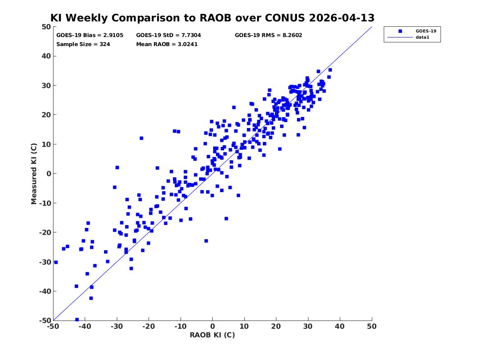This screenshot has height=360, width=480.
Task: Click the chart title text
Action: tap(212, 18)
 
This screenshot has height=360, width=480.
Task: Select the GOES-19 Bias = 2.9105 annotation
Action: tap(90, 35)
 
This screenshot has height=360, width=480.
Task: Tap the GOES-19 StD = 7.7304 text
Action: tap(168, 35)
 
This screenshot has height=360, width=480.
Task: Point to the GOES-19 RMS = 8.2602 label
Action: tap(269, 35)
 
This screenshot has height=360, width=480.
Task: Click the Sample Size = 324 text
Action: tap(83, 44)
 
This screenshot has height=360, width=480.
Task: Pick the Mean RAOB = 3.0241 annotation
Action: tap(167, 44)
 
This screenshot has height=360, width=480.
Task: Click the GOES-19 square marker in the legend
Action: tap(400, 31)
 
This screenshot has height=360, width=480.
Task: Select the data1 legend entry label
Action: tap(422, 37)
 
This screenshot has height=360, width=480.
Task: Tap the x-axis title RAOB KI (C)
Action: tap(212, 335)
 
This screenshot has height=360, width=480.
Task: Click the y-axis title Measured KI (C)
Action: tap(34, 174)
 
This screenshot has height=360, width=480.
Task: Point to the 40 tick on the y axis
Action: tap(46, 56)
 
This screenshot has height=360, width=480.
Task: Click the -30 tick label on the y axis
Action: tap(45, 262)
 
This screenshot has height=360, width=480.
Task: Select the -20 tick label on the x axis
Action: tap(148, 326)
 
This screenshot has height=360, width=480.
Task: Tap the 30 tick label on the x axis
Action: tap(308, 326)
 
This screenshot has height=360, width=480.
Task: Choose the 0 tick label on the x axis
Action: tap(213, 326)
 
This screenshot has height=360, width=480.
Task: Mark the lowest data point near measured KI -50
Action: tap(77, 320)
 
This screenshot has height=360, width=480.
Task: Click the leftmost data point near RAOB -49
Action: tap(56, 262)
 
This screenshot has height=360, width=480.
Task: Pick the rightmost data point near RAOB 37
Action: tap(330, 70)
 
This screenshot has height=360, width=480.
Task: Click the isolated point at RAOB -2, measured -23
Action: tap(206, 241)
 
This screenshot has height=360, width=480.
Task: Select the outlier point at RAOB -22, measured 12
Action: tap(141, 138)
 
